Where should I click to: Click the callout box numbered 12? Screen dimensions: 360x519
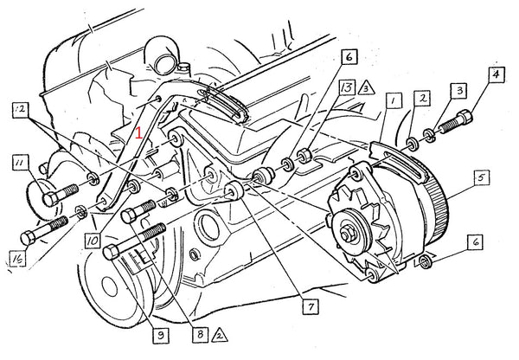[19, 109]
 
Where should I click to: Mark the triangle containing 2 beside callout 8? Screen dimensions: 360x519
[220, 332]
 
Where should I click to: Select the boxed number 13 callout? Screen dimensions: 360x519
[347, 87]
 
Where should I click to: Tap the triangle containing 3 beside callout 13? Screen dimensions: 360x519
[368, 87]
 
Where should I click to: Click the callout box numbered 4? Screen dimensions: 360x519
[497, 74]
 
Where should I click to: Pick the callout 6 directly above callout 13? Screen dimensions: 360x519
[348, 58]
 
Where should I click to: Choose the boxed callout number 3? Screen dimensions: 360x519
[460, 91]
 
